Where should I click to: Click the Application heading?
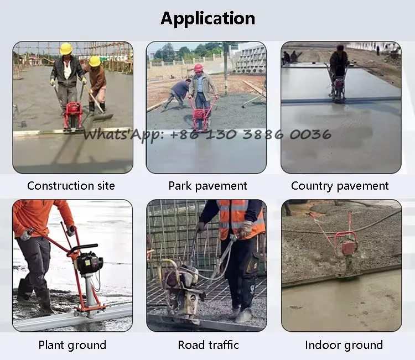click(x=207, y=18)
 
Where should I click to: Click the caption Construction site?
click(x=71, y=186)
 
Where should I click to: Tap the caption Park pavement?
click(x=207, y=186)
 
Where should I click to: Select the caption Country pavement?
click(x=340, y=186)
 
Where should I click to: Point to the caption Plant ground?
click(x=72, y=345)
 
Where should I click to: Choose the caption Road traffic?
click(x=208, y=345)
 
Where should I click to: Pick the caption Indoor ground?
click(x=344, y=345)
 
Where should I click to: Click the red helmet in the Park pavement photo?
click(x=198, y=68)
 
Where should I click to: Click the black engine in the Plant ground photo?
click(x=89, y=263)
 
